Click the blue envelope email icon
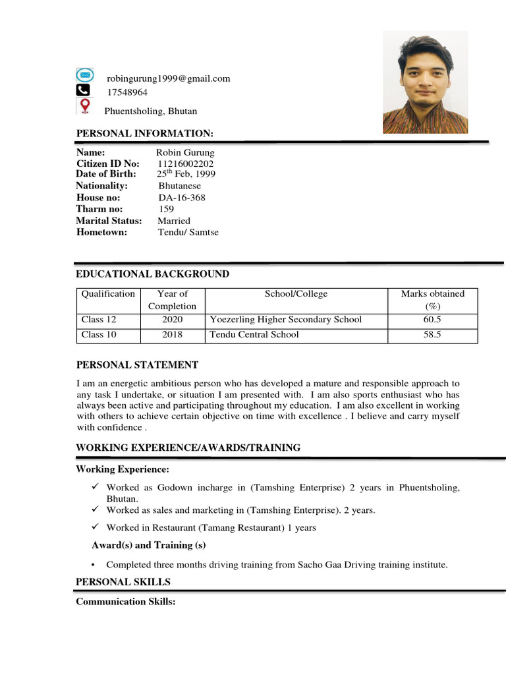pos(84,75)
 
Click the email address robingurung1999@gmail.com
pos(169,78)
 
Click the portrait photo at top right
pos(425,82)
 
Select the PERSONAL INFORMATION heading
pos(145,134)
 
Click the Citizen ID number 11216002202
pos(185,163)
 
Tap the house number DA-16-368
pos(182,198)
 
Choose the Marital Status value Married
pos(174,221)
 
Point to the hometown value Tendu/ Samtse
pos(188,232)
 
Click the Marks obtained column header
pos(432,299)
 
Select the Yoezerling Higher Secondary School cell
pos(286,320)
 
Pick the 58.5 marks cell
pos(432,335)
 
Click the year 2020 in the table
pos(172,320)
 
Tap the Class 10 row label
pos(99,335)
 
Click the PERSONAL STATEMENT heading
pos(137,365)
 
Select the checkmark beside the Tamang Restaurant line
pos(96,527)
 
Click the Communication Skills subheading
pos(125,601)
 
